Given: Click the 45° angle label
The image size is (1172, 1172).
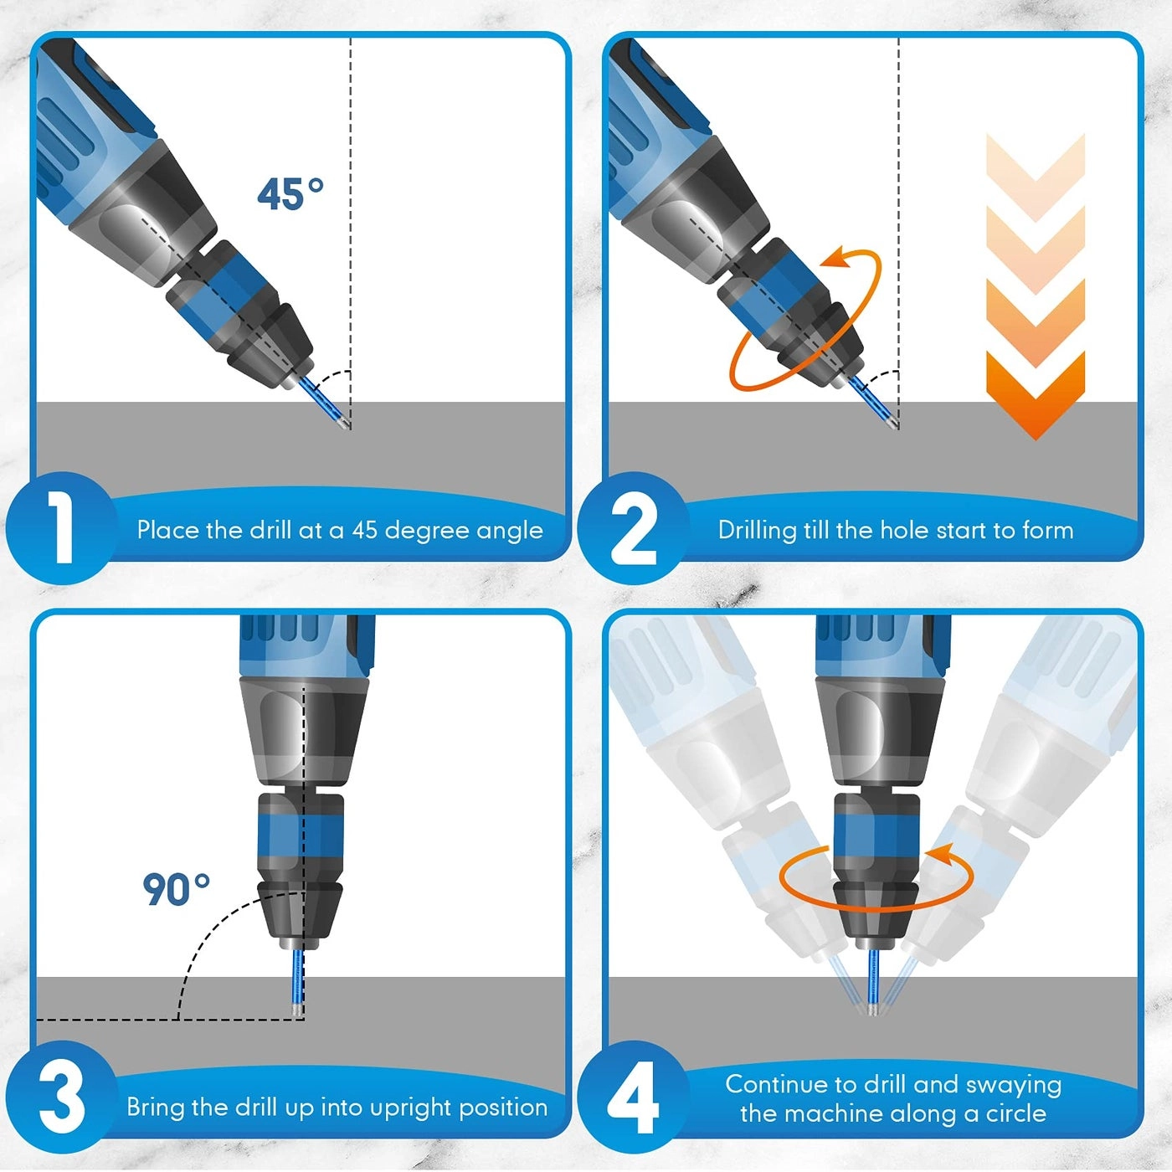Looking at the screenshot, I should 290,194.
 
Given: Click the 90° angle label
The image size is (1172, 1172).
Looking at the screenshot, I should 176,889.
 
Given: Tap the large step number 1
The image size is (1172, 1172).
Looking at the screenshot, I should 60,527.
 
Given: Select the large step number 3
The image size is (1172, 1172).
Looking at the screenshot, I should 61,1097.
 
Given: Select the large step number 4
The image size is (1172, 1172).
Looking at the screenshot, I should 633,1098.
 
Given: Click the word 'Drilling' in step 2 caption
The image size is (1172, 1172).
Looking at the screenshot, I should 757,531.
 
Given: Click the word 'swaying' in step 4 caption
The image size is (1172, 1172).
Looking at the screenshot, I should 1013,1085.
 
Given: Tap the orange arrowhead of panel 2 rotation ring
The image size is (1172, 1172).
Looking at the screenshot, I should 837,260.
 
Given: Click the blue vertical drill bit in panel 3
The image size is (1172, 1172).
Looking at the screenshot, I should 295,979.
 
